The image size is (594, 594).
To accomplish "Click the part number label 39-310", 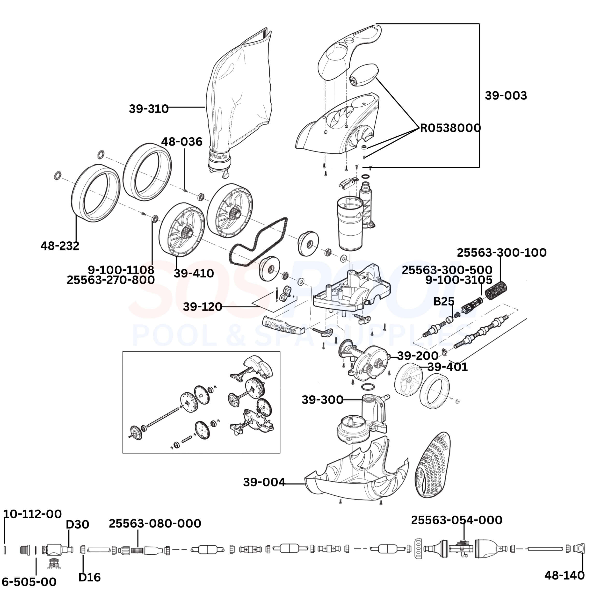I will click(148, 109).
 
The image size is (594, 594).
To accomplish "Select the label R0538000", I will click(450, 128).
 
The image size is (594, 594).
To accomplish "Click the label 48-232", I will click(60, 246).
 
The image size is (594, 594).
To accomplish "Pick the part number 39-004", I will click(264, 482).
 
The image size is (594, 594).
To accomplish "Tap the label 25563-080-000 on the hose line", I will click(155, 523).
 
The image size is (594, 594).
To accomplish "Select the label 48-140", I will click(564, 576).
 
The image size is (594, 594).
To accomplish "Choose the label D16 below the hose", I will click(89, 577).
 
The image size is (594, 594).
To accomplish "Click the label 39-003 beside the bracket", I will click(506, 96).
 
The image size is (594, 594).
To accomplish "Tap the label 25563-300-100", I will click(501, 253).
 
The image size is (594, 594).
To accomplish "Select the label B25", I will click(444, 302).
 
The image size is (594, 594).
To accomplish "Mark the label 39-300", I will click(322, 400).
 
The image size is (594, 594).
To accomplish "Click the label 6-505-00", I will click(29, 582).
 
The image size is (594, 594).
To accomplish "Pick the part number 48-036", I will click(182, 142).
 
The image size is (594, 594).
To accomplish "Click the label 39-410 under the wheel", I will click(194, 273).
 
